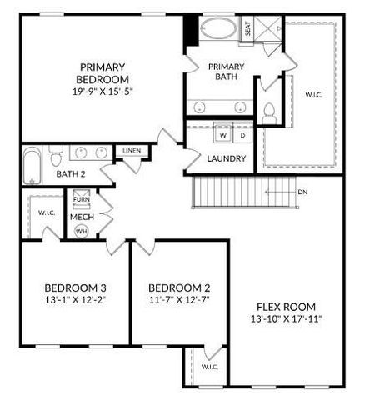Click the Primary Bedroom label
tap(103, 73)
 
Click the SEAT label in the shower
tap(247, 28)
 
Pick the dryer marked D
tap(242, 134)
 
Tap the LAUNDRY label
tap(227, 158)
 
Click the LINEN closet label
tap(132, 151)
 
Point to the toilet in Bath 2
tap(55, 157)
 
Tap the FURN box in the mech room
tap(82, 200)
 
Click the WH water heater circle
tap(82, 232)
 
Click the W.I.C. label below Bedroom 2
tap(208, 367)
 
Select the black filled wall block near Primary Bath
tap(192, 31)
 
